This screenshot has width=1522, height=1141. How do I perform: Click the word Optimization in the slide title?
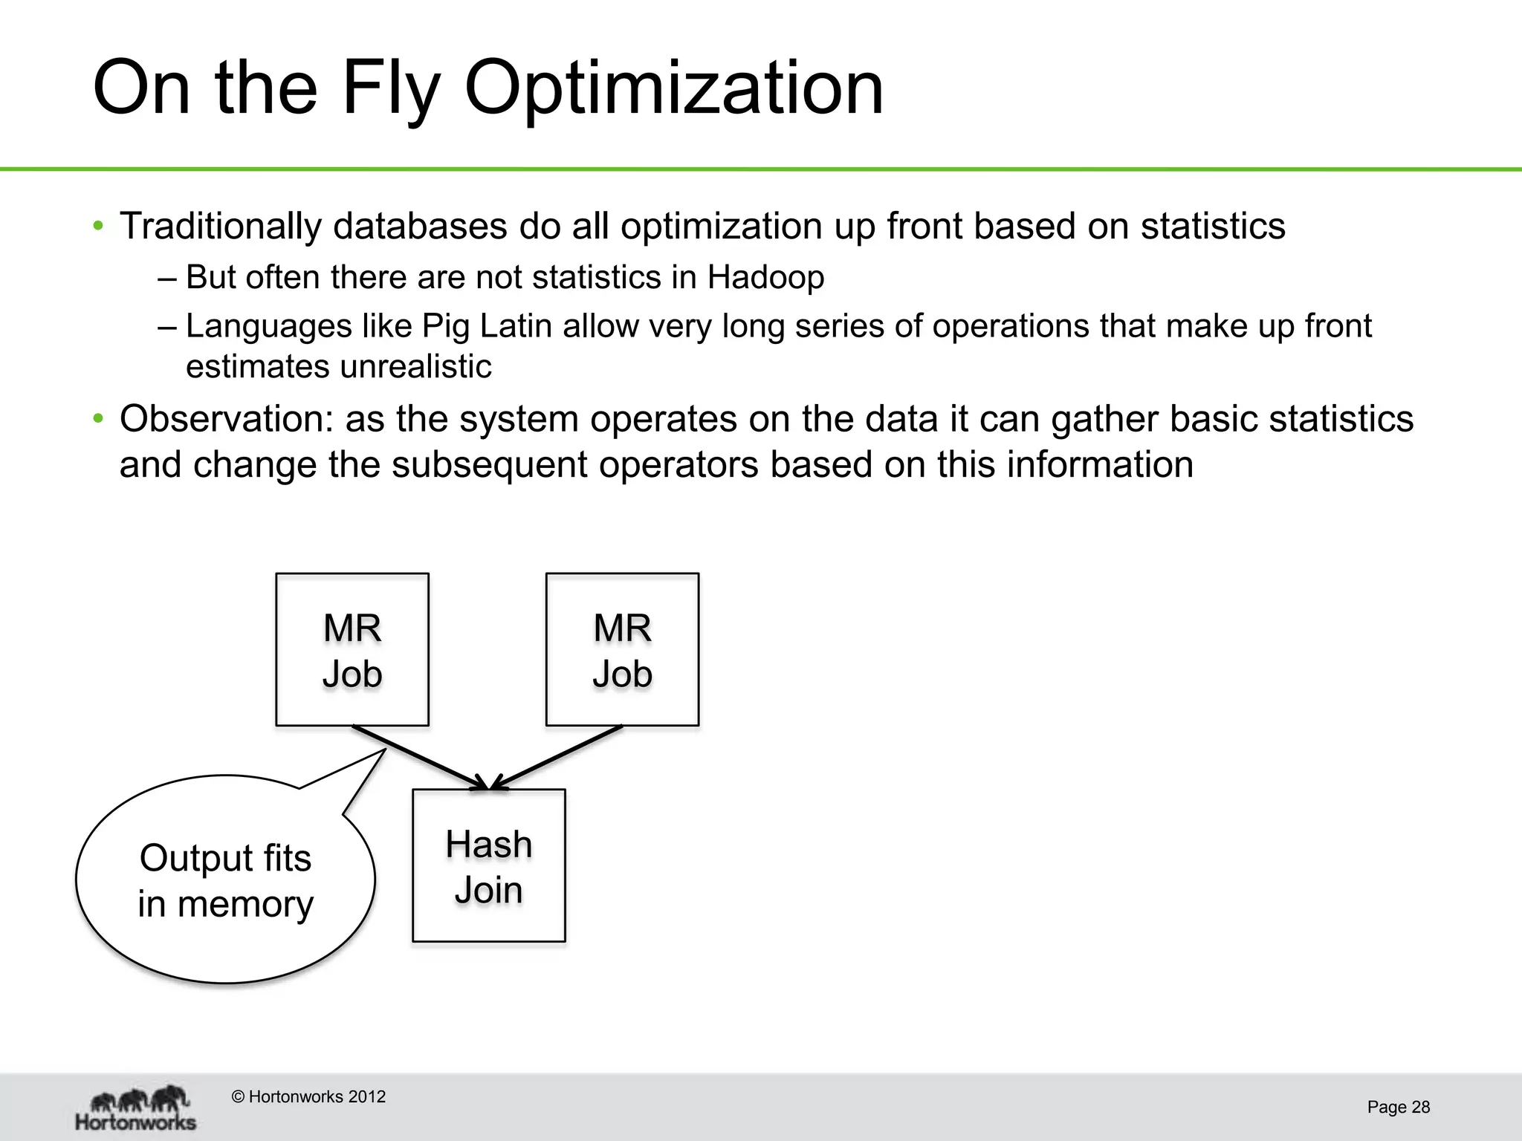[673, 89]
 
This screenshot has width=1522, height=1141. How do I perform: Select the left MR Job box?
[352, 650]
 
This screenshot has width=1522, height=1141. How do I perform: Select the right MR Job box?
[622, 650]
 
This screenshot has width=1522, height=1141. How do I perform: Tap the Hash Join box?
[488, 866]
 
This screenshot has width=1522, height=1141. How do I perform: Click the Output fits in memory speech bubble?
[225, 881]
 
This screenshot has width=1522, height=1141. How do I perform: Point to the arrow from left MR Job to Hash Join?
[420, 758]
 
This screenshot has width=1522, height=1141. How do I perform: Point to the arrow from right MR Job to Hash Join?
[557, 758]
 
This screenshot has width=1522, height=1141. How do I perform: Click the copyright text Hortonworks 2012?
[309, 1097]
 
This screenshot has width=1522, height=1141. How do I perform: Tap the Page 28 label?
[1398, 1108]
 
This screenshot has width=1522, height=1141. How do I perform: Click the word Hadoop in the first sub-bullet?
[765, 278]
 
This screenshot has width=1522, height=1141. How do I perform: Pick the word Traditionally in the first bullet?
[220, 227]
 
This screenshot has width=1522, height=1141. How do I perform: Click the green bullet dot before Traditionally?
[98, 226]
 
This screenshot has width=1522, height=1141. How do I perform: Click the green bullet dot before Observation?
[98, 419]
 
